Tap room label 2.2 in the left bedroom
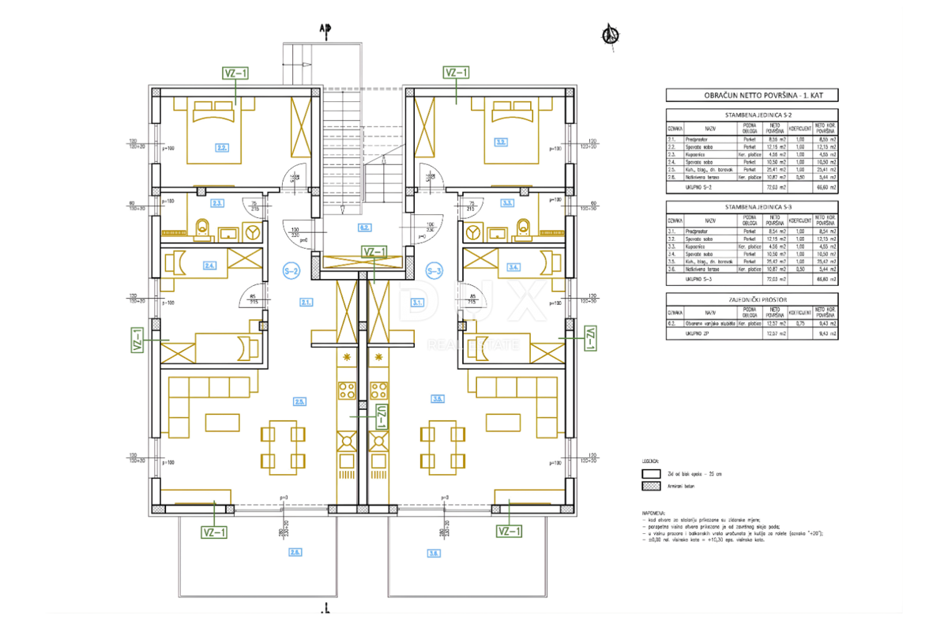point(223,147)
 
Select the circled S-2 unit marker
point(290,271)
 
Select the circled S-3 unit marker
point(433,271)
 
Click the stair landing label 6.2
point(364,228)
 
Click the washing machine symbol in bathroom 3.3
point(472,232)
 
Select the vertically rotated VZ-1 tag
point(380,415)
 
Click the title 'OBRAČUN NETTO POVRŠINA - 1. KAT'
point(750,96)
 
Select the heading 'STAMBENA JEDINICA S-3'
point(750,205)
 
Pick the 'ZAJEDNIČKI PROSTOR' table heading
point(750,298)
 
